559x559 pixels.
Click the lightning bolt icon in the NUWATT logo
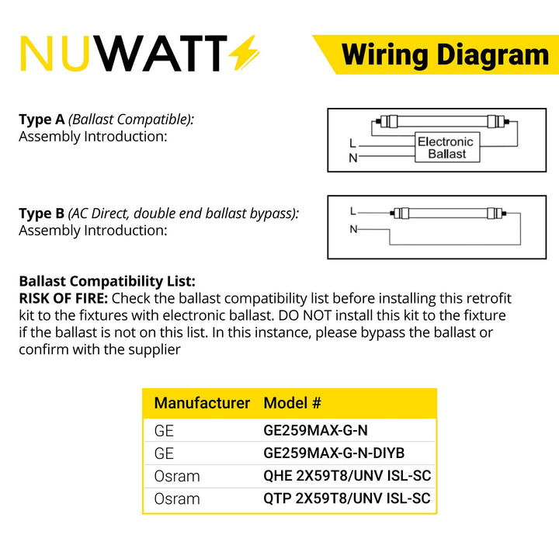coord(244,53)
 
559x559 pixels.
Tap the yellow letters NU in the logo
coord(54,54)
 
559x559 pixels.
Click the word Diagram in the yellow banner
coord(493,56)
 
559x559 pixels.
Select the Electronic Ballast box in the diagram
coord(447,148)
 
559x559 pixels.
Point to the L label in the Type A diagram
coord(352,144)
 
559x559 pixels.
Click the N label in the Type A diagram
coord(353,158)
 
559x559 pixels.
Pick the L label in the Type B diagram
coord(353,211)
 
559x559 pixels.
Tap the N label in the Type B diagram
coord(353,229)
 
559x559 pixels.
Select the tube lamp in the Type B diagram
coord(449,214)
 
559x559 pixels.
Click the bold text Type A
coord(42,120)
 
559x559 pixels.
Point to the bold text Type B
coord(42,214)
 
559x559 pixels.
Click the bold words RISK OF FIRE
coord(63,298)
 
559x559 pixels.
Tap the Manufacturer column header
coord(202,403)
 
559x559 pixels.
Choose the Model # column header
coord(293,403)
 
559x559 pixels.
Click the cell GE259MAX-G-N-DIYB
coord(334,453)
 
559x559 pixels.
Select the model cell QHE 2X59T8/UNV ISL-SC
coord(347,476)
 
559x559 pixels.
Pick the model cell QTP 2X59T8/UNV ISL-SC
coord(347,498)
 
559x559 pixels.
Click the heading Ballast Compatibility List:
coord(107,281)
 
